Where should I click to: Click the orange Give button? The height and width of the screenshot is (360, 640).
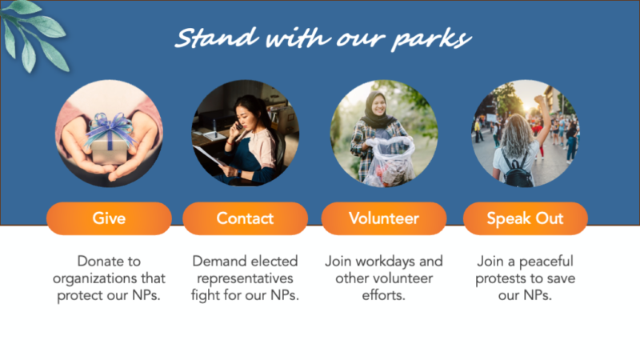tap(109, 218)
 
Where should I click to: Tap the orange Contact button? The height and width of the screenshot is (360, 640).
tap(245, 218)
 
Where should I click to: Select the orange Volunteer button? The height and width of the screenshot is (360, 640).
tap(384, 218)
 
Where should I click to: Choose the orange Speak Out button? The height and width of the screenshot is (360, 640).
tap(526, 218)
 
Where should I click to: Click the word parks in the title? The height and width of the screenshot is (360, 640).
tap(431, 40)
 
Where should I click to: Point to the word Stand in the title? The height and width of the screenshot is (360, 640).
tap(217, 38)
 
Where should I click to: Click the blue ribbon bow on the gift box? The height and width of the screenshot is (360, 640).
tap(110, 127)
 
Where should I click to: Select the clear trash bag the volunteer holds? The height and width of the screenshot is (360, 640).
tap(388, 162)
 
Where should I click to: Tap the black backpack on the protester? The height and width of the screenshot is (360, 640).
tap(518, 171)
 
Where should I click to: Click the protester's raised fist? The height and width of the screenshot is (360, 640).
tap(539, 99)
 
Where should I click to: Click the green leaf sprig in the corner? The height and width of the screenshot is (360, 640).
tap(34, 34)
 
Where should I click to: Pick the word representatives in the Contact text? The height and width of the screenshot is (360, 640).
tap(245, 278)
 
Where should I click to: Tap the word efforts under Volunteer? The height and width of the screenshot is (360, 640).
tap(384, 295)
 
